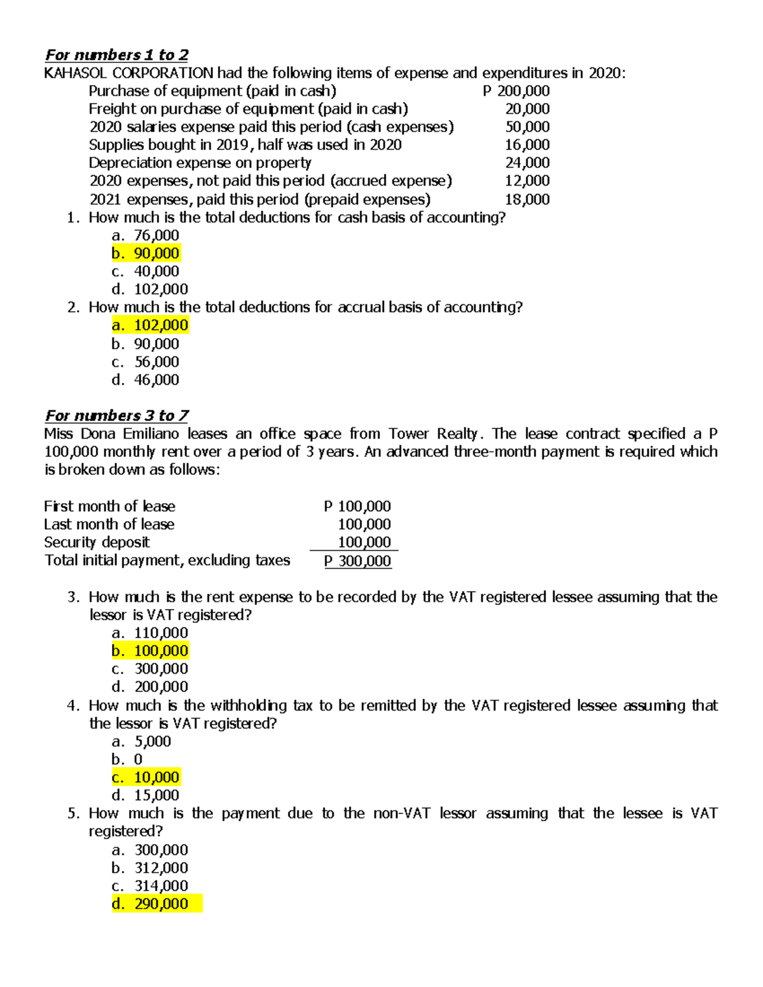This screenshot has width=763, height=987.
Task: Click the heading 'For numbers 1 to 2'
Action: [x=116, y=55]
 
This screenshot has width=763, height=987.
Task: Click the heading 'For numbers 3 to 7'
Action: [x=116, y=416]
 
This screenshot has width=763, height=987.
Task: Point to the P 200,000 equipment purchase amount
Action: [x=516, y=91]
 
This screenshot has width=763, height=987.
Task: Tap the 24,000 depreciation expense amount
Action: [x=527, y=163]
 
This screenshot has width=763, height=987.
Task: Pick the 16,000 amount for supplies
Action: [x=527, y=145]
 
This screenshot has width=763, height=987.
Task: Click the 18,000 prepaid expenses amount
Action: [x=527, y=200]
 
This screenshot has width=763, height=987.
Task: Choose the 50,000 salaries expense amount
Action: [x=527, y=127]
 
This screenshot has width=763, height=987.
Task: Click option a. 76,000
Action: [x=146, y=236]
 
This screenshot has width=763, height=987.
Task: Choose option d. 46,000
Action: [x=146, y=380]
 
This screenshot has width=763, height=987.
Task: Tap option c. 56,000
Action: [x=146, y=362]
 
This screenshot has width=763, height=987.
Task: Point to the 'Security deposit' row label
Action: [x=97, y=543]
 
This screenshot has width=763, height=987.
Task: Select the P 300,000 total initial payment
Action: [x=357, y=561]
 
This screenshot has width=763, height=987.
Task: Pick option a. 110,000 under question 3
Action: [x=150, y=633]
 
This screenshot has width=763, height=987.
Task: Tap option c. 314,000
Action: [x=150, y=886]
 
